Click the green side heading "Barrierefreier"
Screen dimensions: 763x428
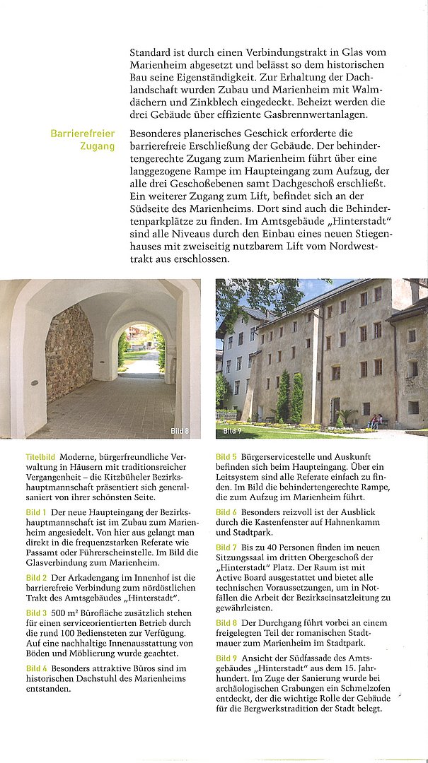tap(82, 134)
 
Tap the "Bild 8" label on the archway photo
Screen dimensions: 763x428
tap(180, 431)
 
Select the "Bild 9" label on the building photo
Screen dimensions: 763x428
tap(232, 431)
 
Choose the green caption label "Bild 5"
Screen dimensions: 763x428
tap(226, 457)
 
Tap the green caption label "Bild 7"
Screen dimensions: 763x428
tap(226, 548)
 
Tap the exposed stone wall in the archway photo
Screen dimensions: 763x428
tap(69, 354)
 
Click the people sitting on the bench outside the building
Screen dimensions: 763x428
tap(375, 420)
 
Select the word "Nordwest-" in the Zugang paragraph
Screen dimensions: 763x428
tap(352, 247)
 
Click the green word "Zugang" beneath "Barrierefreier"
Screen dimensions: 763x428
tap(98, 146)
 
